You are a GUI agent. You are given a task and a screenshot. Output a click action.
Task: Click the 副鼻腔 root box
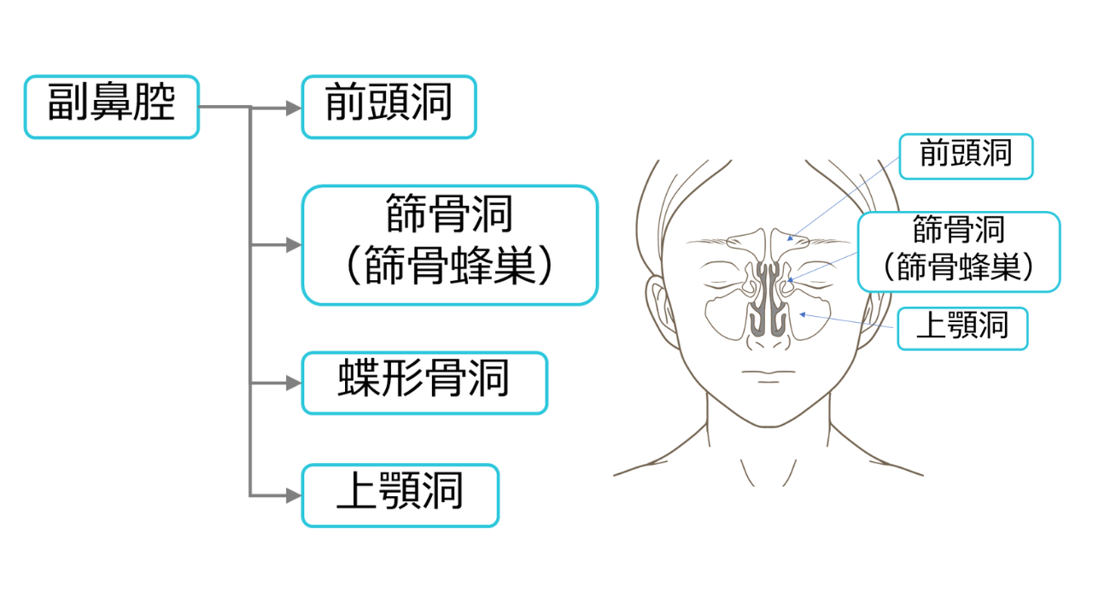[111, 107]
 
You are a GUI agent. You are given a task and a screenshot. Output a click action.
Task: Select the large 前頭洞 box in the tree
[389, 107]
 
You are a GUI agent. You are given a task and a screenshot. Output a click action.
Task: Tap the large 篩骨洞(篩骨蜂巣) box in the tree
[449, 245]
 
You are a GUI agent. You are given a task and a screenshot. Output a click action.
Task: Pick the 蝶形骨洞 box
[424, 383]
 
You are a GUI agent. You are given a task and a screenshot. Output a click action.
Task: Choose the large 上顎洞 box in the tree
[400, 495]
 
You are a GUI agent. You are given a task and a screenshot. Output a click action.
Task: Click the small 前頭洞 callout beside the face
[966, 156]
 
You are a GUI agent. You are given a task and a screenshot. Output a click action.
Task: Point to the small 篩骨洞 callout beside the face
[958, 252]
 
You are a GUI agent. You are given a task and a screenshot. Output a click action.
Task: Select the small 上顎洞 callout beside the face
[962, 329]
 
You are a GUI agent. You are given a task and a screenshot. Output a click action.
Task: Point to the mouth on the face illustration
[768, 373]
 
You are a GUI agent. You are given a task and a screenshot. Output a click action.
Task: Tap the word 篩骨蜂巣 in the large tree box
[451, 266]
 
